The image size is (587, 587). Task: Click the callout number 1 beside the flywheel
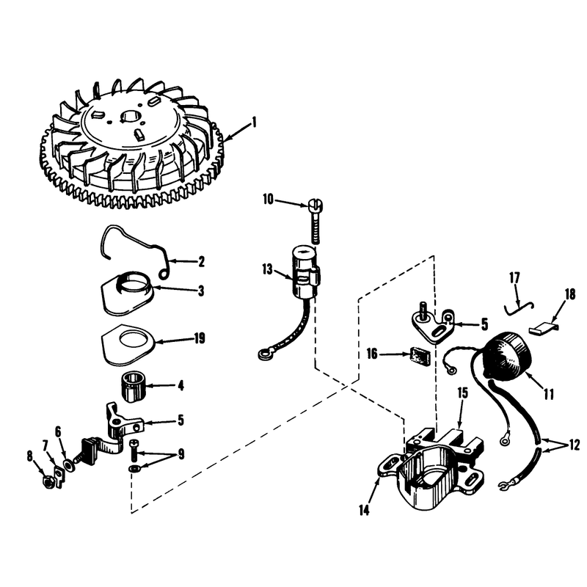[x=255, y=123]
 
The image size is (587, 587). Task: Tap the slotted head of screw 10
[x=316, y=205]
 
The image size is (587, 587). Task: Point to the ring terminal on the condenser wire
[x=265, y=354]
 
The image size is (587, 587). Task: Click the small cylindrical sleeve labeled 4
[x=133, y=387]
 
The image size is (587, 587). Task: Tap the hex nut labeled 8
[x=48, y=481]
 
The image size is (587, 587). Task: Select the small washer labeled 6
[x=69, y=464]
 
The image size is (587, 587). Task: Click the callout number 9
[x=181, y=454]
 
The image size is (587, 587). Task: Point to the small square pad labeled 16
[x=420, y=356]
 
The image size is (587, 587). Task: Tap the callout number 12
[x=575, y=445]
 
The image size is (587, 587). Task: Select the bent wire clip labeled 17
[x=518, y=309]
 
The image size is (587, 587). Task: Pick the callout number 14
[x=364, y=510]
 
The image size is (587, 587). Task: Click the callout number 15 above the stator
[x=463, y=393]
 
